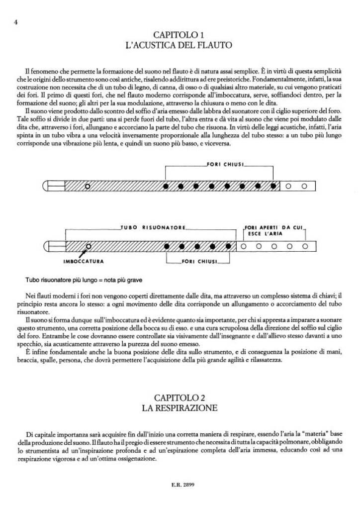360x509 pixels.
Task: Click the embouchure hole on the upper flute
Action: click(x=88, y=186)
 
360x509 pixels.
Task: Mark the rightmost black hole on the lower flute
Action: click(x=228, y=246)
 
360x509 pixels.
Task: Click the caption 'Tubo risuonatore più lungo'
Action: click(x=88, y=280)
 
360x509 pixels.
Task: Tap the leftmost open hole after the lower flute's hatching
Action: click(x=244, y=246)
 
